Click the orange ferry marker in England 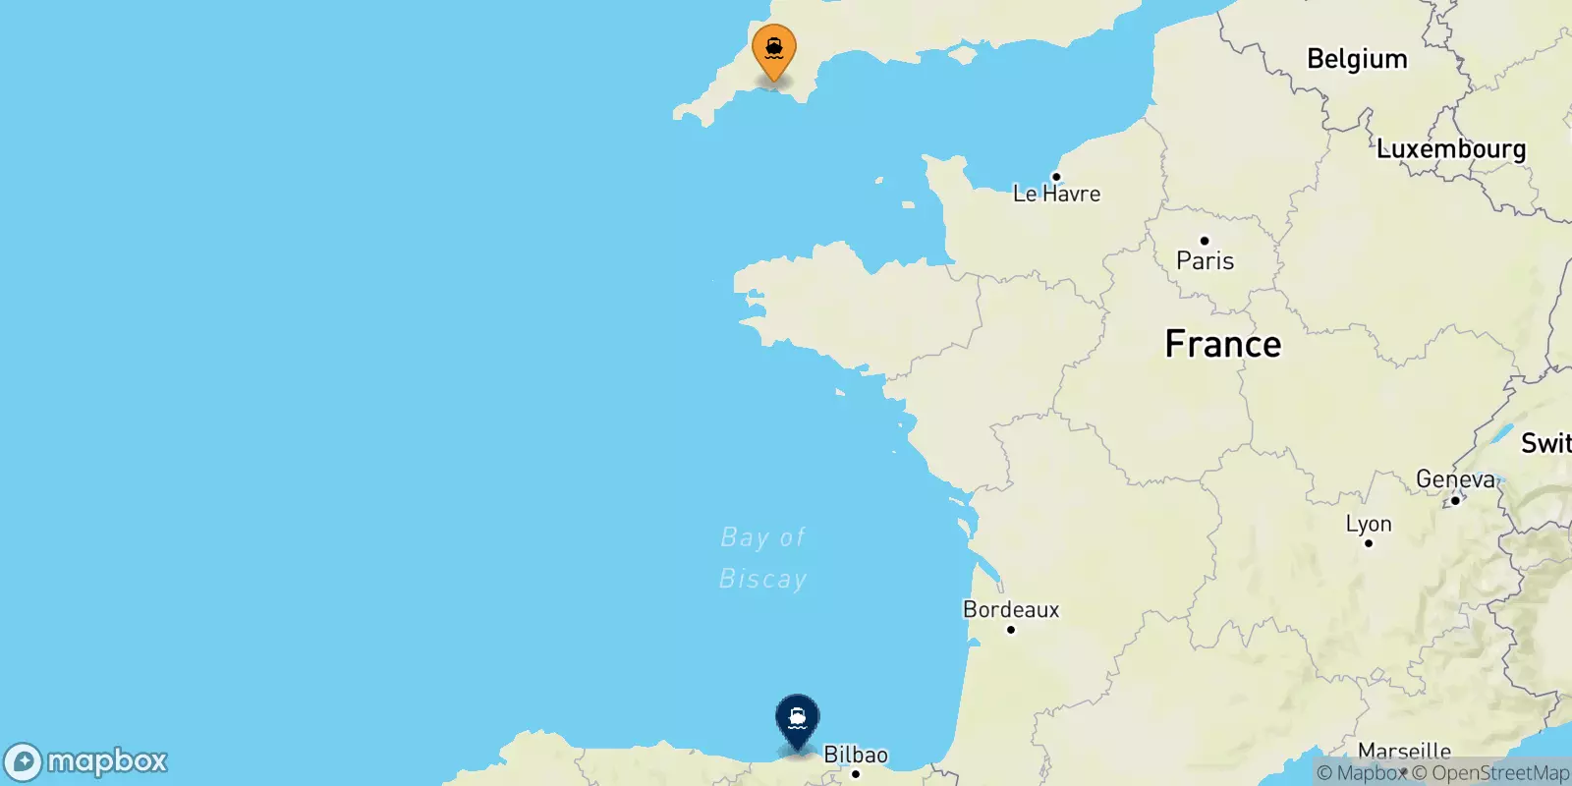pyautogui.click(x=774, y=48)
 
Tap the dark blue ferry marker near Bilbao pyautogui.click(x=797, y=719)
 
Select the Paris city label pyautogui.click(x=1205, y=261)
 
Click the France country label pyautogui.click(x=1222, y=344)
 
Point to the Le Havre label pyautogui.click(x=1056, y=195)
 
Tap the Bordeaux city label pyautogui.click(x=1011, y=610)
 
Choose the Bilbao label pyautogui.click(x=855, y=755)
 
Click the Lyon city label pyautogui.click(x=1369, y=525)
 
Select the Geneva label pyautogui.click(x=1455, y=479)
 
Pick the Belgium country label pyautogui.click(x=1357, y=59)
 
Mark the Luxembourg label pyautogui.click(x=1451, y=149)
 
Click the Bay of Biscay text pyautogui.click(x=763, y=558)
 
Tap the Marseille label pyautogui.click(x=1404, y=752)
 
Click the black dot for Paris pyautogui.click(x=1205, y=241)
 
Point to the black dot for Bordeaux pyautogui.click(x=1011, y=630)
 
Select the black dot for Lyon pyautogui.click(x=1369, y=543)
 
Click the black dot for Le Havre pyautogui.click(x=1056, y=177)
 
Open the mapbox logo pyautogui.click(x=85, y=761)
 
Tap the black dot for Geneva pyautogui.click(x=1455, y=500)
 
